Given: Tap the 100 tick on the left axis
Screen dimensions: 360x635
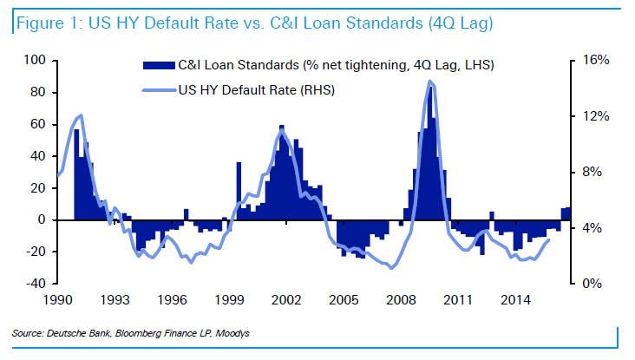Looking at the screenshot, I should pyautogui.click(x=34, y=61).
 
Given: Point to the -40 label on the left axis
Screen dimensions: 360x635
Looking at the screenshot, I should pyautogui.click(x=34, y=284).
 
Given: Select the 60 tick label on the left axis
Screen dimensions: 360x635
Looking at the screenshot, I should pyautogui.click(x=37, y=124).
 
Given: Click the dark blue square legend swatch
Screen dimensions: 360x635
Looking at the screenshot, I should pyautogui.click(x=159, y=64).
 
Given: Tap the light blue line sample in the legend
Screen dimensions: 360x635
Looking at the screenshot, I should pyautogui.click(x=157, y=88).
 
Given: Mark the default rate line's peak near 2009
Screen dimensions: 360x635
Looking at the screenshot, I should pyautogui.click(x=430, y=82).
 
